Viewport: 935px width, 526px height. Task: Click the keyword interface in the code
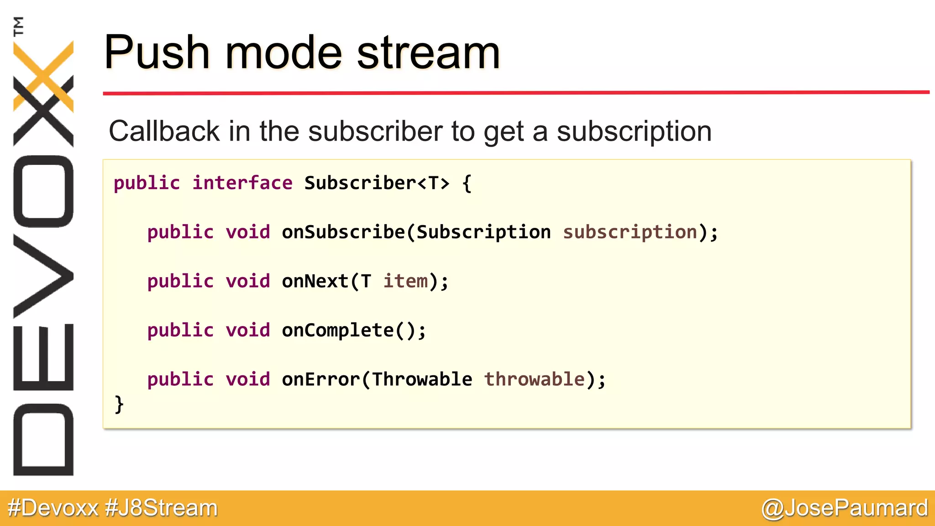tap(242, 183)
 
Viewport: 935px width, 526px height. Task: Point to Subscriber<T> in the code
tap(377, 183)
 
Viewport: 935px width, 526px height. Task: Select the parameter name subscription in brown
tap(630, 232)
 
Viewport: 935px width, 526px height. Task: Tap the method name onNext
tap(315, 281)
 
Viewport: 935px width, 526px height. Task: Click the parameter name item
tap(405, 281)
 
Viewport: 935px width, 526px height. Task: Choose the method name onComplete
tap(338, 331)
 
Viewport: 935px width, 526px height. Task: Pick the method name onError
tap(321, 379)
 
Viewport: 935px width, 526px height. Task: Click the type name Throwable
tap(422, 379)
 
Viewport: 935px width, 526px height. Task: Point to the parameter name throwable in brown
tap(534, 379)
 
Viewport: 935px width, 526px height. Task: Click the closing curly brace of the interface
tap(119, 405)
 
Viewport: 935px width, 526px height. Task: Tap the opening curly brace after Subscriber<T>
tap(467, 184)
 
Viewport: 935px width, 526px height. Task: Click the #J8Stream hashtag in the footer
tap(161, 508)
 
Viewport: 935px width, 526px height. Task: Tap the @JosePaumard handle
tap(845, 508)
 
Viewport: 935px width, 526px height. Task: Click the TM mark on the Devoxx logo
tap(18, 26)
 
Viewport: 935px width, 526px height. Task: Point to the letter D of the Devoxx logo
tap(43, 440)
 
